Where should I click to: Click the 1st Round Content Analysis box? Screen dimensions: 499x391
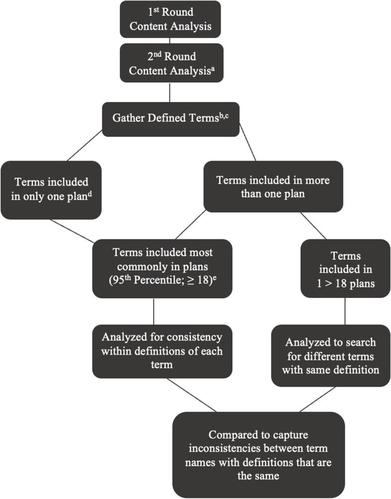pos(170,19)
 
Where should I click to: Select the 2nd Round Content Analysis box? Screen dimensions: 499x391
pos(170,64)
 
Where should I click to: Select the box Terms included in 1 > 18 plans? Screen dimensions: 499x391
pos(345,269)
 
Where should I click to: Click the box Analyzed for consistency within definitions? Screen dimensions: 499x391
pos(162,350)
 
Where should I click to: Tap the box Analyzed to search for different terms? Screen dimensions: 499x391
pos(330,356)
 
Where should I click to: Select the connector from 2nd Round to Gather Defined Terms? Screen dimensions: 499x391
pos(170,92)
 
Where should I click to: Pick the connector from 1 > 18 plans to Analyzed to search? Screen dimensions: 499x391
pos(345,312)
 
